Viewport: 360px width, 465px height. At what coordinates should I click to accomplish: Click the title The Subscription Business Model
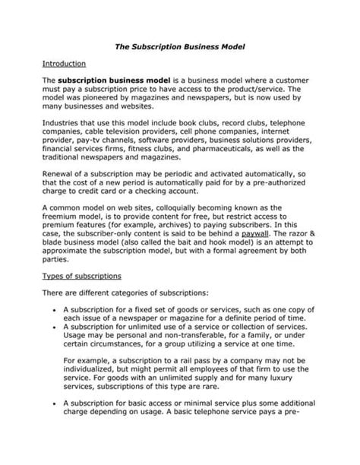[180, 46]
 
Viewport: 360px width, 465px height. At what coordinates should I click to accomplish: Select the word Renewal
[62, 176]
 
